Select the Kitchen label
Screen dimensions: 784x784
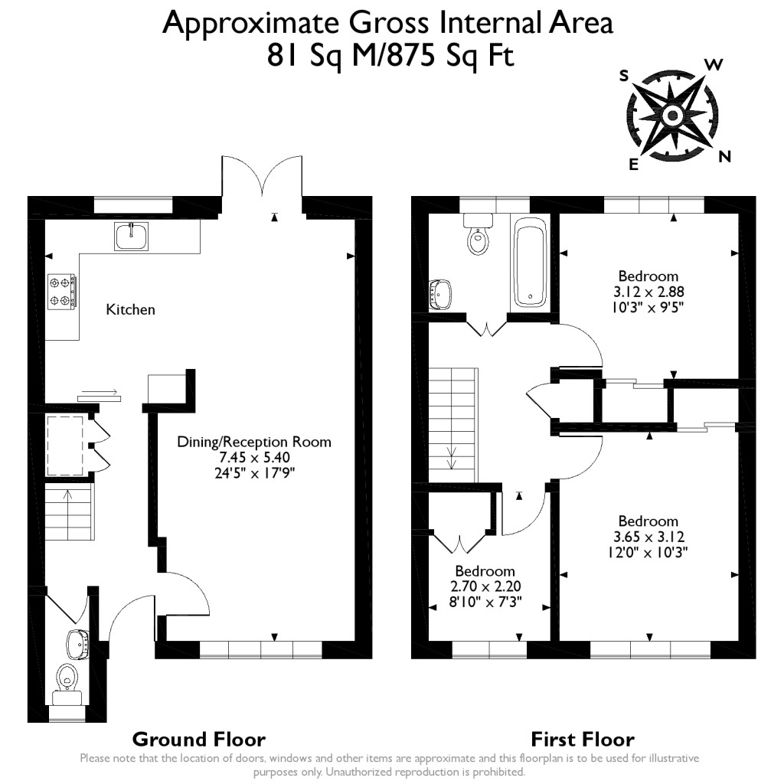point(130,309)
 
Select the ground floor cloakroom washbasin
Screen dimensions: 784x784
point(77,643)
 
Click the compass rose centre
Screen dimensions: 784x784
point(672,116)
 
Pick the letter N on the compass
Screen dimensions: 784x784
point(724,157)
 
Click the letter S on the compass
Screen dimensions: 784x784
point(624,75)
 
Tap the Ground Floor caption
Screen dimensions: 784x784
point(198,739)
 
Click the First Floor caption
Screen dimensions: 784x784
point(583,739)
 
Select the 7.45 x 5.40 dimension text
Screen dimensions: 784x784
point(255,457)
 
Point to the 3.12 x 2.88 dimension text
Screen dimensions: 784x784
point(648,292)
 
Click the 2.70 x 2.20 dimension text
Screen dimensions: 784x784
point(485,586)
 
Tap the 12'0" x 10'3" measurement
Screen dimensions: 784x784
point(648,552)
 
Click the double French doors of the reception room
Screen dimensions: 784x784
point(263,178)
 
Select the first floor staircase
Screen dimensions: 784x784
point(452,425)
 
